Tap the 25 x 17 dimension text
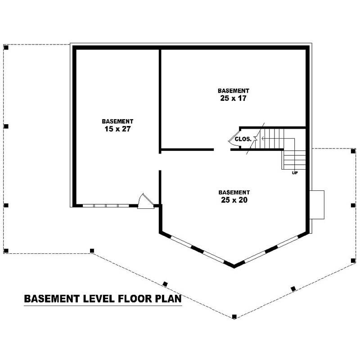click(233, 98)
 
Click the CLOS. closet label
click(243, 139)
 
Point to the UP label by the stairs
click(295, 172)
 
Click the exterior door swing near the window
click(145, 201)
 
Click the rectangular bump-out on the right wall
click(317, 205)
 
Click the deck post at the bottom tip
click(234, 317)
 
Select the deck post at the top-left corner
click(6, 47)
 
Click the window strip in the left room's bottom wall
click(106, 206)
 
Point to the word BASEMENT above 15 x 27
click(117, 121)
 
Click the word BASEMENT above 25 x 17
click(233, 90)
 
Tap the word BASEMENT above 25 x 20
click(234, 192)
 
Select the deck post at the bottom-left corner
click(6, 250)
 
